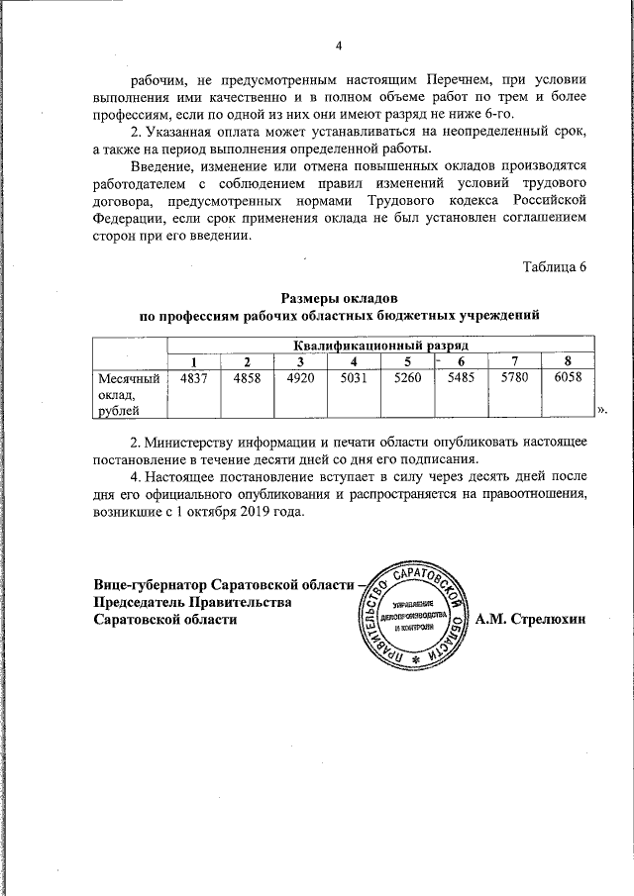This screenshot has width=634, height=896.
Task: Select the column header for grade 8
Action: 569,360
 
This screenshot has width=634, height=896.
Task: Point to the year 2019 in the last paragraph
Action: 238,512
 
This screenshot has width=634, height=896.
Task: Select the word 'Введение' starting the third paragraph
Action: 161,164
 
